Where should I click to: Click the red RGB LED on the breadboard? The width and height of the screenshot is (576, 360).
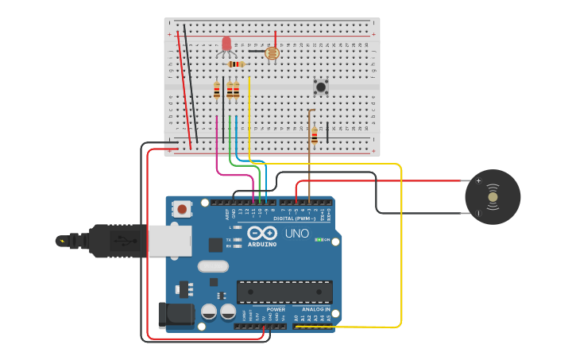click(226, 44)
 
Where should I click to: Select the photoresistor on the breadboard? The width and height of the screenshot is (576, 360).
click(271, 54)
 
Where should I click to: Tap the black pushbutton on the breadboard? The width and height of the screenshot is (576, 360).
click(321, 87)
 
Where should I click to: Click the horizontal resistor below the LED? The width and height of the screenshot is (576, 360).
click(236, 64)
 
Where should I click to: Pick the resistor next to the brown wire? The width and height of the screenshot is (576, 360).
click(315, 136)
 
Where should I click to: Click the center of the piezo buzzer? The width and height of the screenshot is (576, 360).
click(493, 197)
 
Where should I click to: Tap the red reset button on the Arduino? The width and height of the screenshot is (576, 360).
click(183, 210)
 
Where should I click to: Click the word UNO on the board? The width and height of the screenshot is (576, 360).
click(296, 234)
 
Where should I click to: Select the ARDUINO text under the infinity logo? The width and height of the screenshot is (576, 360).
click(262, 244)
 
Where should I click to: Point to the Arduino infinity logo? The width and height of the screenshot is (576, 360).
click(262, 233)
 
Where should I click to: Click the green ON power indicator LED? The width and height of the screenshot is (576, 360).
click(319, 239)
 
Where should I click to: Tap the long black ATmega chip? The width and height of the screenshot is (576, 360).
click(284, 292)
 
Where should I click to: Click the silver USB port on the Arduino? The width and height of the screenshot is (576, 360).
click(169, 240)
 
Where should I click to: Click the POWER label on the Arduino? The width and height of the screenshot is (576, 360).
click(276, 309)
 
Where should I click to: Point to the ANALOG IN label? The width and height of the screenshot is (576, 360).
click(315, 309)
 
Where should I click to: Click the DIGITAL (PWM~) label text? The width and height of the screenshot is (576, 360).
click(294, 218)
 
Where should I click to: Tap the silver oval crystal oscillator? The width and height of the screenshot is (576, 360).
click(213, 266)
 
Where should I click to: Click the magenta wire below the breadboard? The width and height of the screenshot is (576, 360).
click(217, 151)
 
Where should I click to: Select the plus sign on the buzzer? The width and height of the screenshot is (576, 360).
click(478, 181)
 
